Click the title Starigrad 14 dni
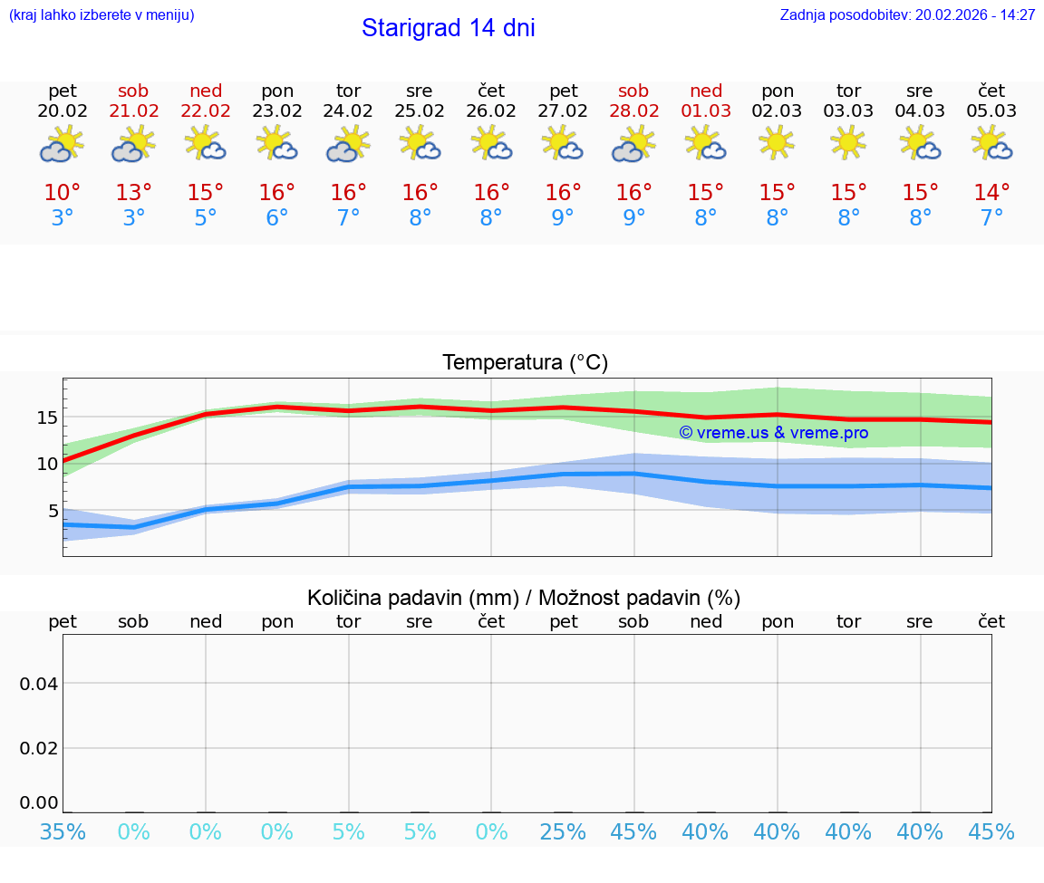point(448,28)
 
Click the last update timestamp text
point(907,15)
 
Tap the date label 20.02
point(63,111)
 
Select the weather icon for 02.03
point(777,143)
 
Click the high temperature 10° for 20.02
point(63,192)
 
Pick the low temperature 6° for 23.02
point(277,217)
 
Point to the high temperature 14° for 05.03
point(991,192)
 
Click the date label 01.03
point(706,111)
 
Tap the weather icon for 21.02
point(133,143)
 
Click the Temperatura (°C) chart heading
point(525,363)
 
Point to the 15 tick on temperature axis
point(47,418)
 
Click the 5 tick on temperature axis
point(53,511)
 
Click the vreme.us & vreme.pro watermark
point(773,433)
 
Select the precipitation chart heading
point(524,598)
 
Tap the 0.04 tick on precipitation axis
point(39,683)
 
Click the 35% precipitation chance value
point(63,831)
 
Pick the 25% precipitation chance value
point(563,831)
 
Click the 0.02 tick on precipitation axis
point(39,747)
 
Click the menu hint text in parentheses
point(101,15)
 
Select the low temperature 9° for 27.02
point(563,217)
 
